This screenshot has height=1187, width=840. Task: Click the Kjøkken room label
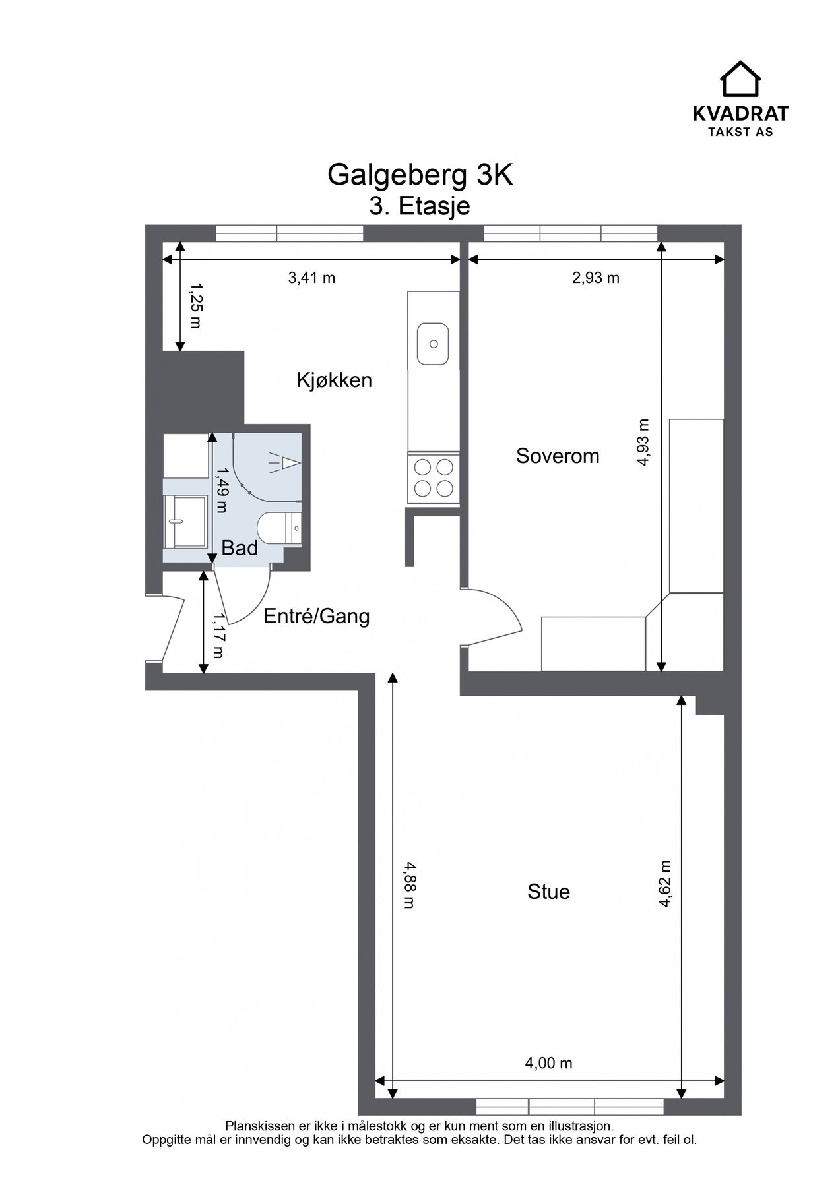334,380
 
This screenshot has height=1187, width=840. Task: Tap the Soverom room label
558,456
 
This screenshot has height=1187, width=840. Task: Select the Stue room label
548,892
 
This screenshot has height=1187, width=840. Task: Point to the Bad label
240,548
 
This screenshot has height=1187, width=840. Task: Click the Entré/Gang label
317,617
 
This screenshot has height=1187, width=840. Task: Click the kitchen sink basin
434,344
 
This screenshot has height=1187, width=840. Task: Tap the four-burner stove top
434,478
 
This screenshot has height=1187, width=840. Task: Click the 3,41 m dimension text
311,278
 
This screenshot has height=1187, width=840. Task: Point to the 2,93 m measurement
596,278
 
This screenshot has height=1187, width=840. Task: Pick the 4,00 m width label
548,1063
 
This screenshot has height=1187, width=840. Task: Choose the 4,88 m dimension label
410,885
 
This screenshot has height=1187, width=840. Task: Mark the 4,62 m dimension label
664,884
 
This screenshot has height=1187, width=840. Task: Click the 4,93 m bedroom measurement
643,443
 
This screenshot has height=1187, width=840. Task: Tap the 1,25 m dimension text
196,306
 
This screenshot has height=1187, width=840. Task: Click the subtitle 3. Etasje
420,206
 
